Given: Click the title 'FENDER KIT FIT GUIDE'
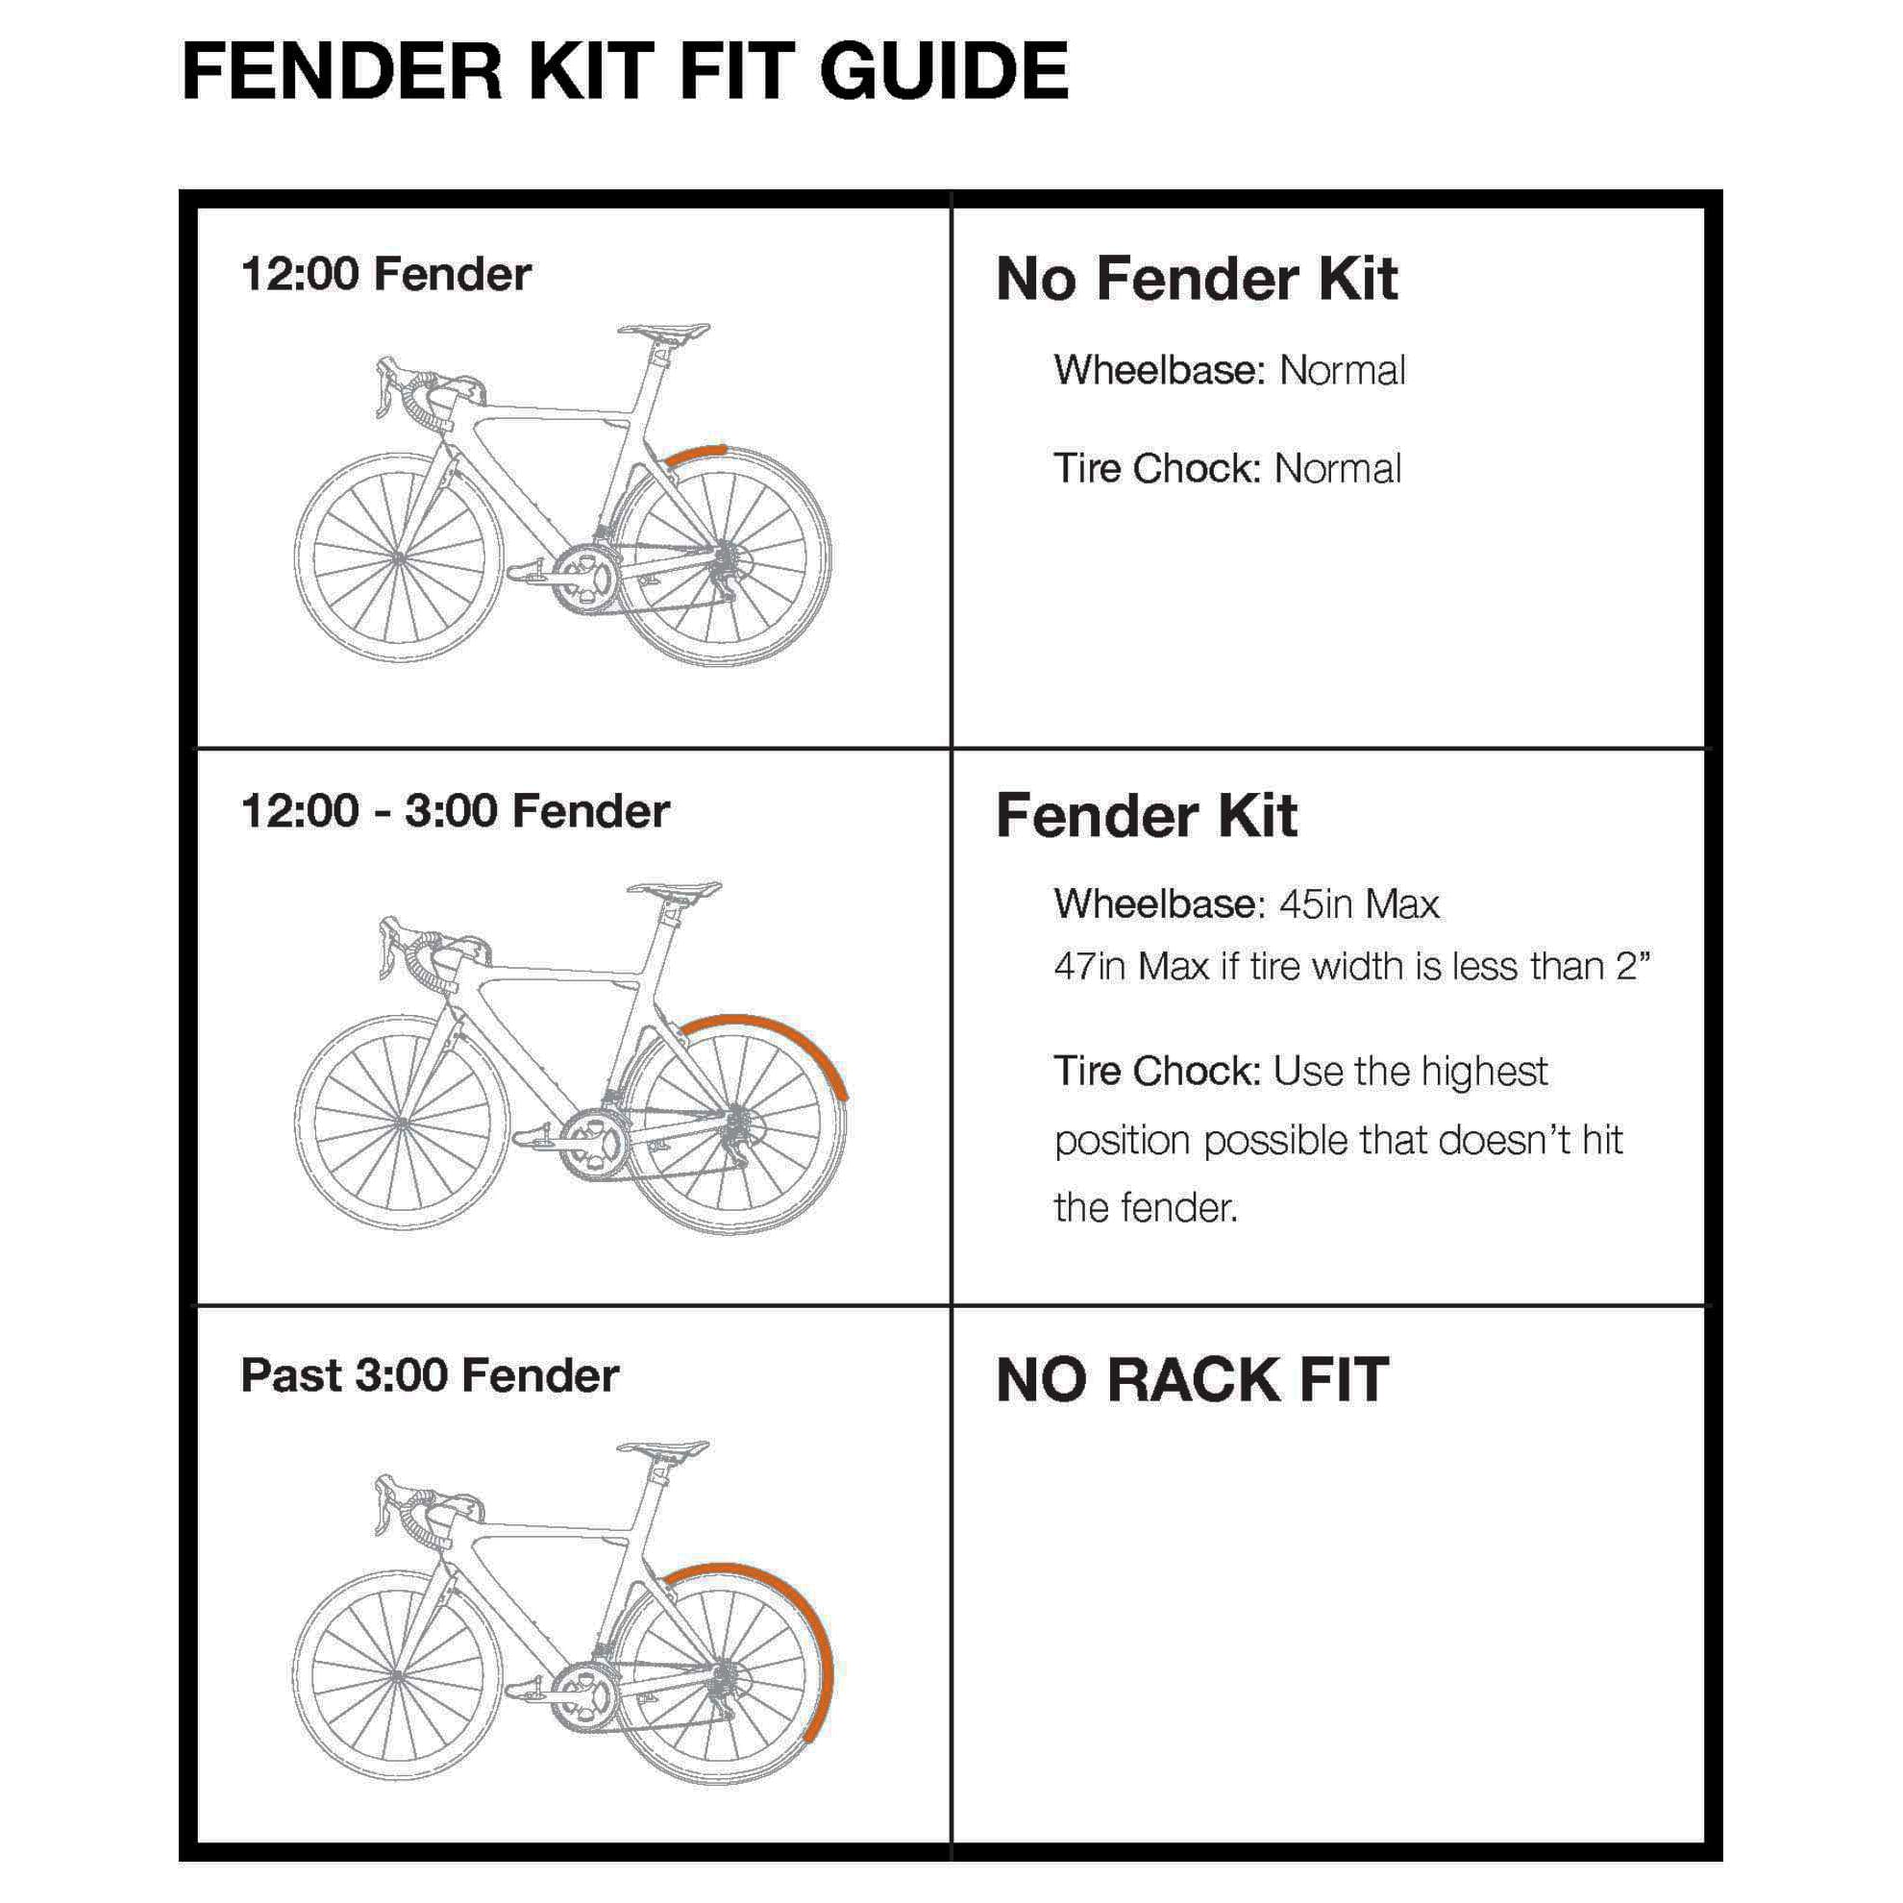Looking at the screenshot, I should (625, 72).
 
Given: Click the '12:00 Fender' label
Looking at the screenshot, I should (385, 274).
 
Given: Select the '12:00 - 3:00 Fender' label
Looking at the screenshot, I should (454, 811).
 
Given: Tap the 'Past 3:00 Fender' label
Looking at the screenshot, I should (430, 1375).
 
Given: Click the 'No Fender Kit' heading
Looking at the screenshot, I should (1196, 279).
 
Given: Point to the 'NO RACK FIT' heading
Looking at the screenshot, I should (1192, 1380).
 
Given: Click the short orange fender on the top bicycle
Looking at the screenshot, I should (695, 452).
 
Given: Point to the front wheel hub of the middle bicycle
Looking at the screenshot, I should (400, 1123).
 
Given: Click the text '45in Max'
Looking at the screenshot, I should (1358, 904).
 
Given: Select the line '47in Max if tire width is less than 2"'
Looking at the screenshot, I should (1351, 966).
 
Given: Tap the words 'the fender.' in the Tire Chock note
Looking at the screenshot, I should (1145, 1207).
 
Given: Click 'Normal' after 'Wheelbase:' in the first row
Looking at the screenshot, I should (1342, 371).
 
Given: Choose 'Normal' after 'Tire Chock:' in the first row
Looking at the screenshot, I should (1337, 469).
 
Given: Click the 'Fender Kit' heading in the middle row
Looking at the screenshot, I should (1146, 816).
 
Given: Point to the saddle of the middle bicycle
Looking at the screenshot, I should (675, 889).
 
